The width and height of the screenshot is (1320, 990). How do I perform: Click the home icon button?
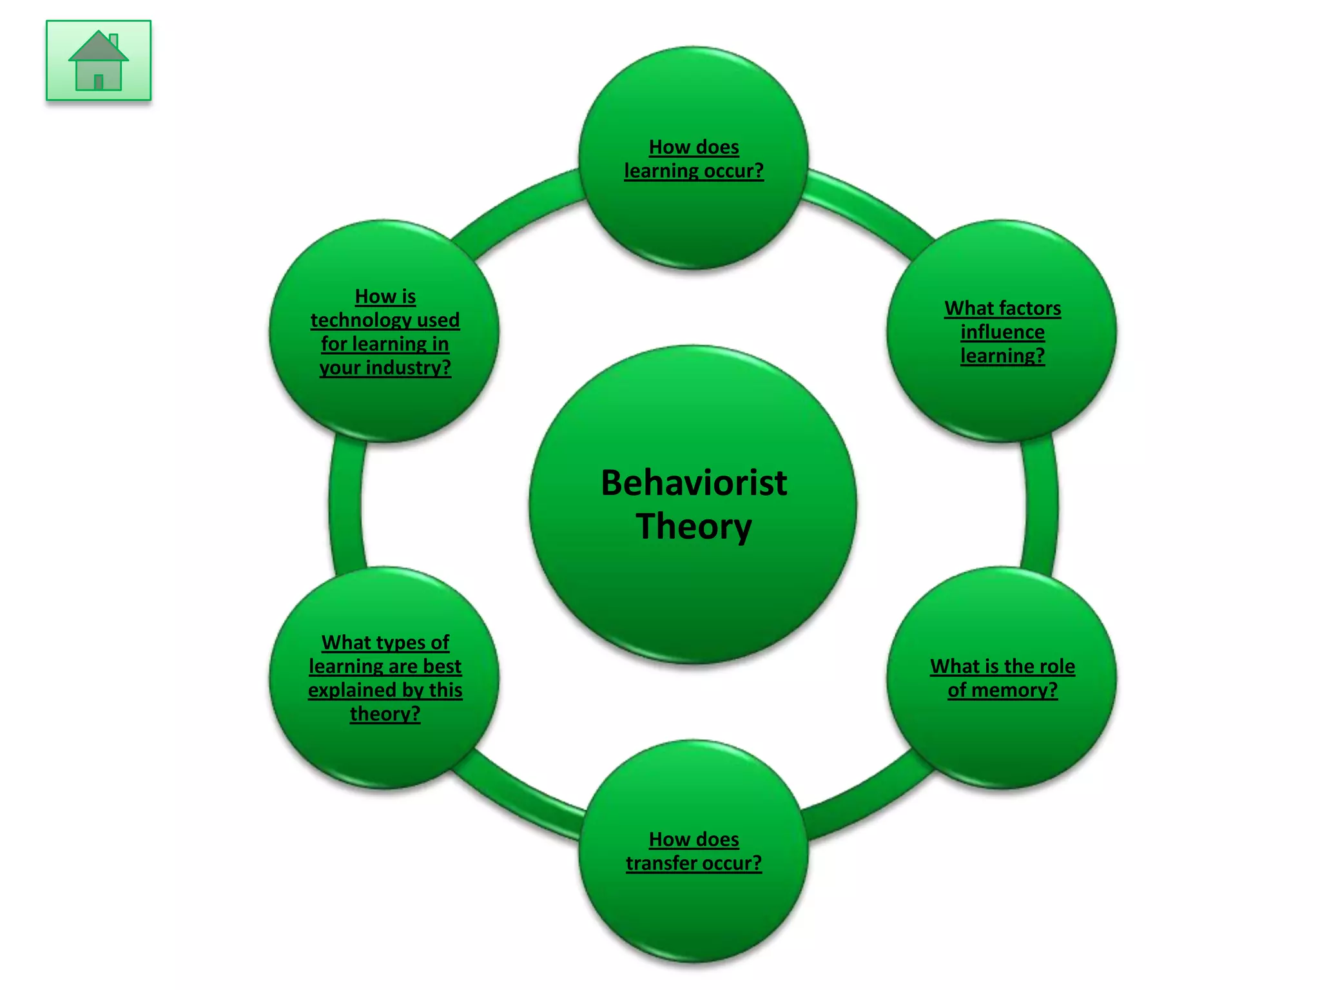click(99, 61)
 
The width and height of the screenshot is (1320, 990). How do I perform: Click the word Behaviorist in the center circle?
click(694, 483)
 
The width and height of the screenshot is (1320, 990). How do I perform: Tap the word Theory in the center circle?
click(694, 526)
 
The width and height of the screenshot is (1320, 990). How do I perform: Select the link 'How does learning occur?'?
click(694, 159)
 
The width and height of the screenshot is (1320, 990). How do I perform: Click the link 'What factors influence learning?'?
click(1002, 332)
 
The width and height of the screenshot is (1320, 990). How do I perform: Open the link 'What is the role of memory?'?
click(1002, 678)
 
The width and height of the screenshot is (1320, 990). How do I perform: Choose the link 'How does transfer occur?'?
click(694, 851)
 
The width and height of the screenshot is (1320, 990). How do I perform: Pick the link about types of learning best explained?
click(385, 678)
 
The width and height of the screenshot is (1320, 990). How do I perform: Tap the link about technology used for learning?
click(385, 332)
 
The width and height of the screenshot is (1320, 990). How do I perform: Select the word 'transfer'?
click(659, 863)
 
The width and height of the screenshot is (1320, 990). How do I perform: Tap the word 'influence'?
click(1002, 332)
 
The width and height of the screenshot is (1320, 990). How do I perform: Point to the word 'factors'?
click(1028, 309)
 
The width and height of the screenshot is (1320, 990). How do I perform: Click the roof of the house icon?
click(98, 47)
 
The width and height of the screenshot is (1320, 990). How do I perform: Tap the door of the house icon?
click(99, 82)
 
